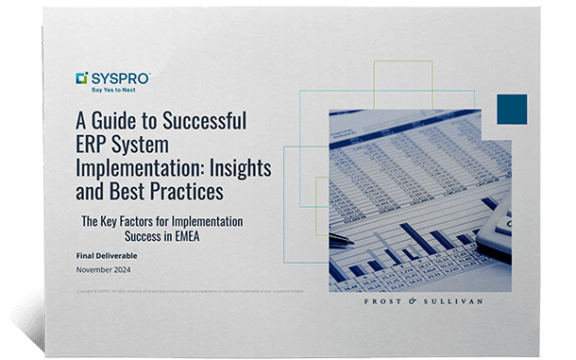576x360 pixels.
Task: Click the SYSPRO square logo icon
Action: click(82, 78)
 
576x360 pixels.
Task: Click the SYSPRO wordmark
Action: click(120, 77)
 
